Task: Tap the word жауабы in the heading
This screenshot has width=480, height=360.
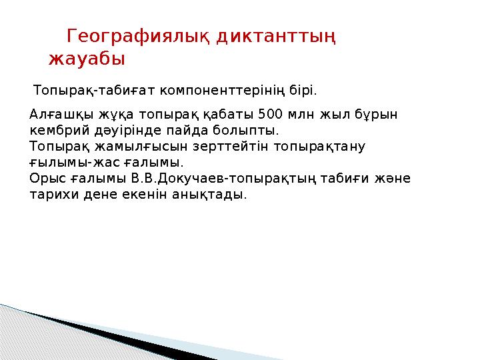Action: [87, 59]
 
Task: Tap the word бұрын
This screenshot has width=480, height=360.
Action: [379, 114]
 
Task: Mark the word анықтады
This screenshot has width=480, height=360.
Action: [213, 195]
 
